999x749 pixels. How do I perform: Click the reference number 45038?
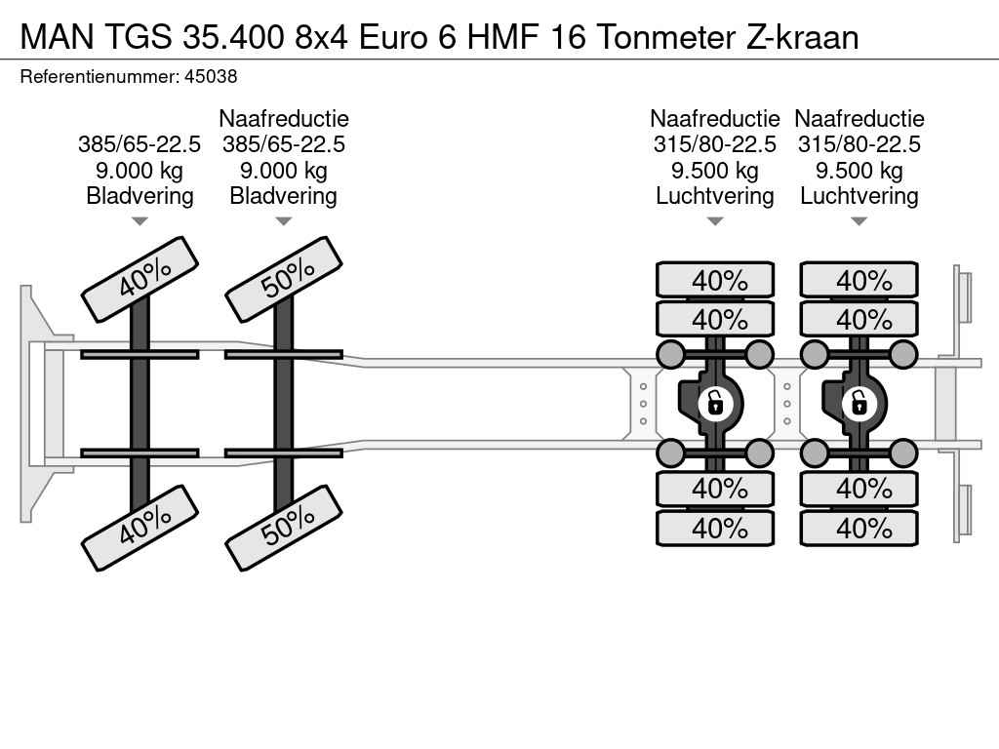pos(211,77)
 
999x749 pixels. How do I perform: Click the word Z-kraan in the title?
pos(802,37)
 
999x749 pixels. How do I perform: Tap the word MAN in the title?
pos(58,37)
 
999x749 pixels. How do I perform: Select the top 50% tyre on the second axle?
pos(284,280)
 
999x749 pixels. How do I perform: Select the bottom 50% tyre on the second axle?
pos(284,528)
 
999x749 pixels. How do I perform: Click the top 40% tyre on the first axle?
pos(140,280)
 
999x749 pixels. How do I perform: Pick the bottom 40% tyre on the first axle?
pos(140,528)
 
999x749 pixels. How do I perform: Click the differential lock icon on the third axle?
pos(715,403)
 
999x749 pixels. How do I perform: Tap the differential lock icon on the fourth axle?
pos(859,403)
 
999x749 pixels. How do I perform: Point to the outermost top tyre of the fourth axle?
pos(859,280)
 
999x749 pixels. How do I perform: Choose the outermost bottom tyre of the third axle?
pos(715,528)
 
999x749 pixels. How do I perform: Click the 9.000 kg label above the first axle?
pos(140,171)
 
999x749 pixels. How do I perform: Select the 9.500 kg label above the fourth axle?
pos(859,171)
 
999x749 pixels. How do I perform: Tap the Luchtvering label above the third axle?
pos(715,196)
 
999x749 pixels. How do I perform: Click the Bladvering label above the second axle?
pos(284,196)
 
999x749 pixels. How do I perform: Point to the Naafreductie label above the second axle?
pos(284,118)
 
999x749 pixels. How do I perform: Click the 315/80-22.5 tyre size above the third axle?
pos(715,144)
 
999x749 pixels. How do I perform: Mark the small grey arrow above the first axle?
pos(140,221)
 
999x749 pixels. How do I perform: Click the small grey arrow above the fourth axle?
pos(859,221)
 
